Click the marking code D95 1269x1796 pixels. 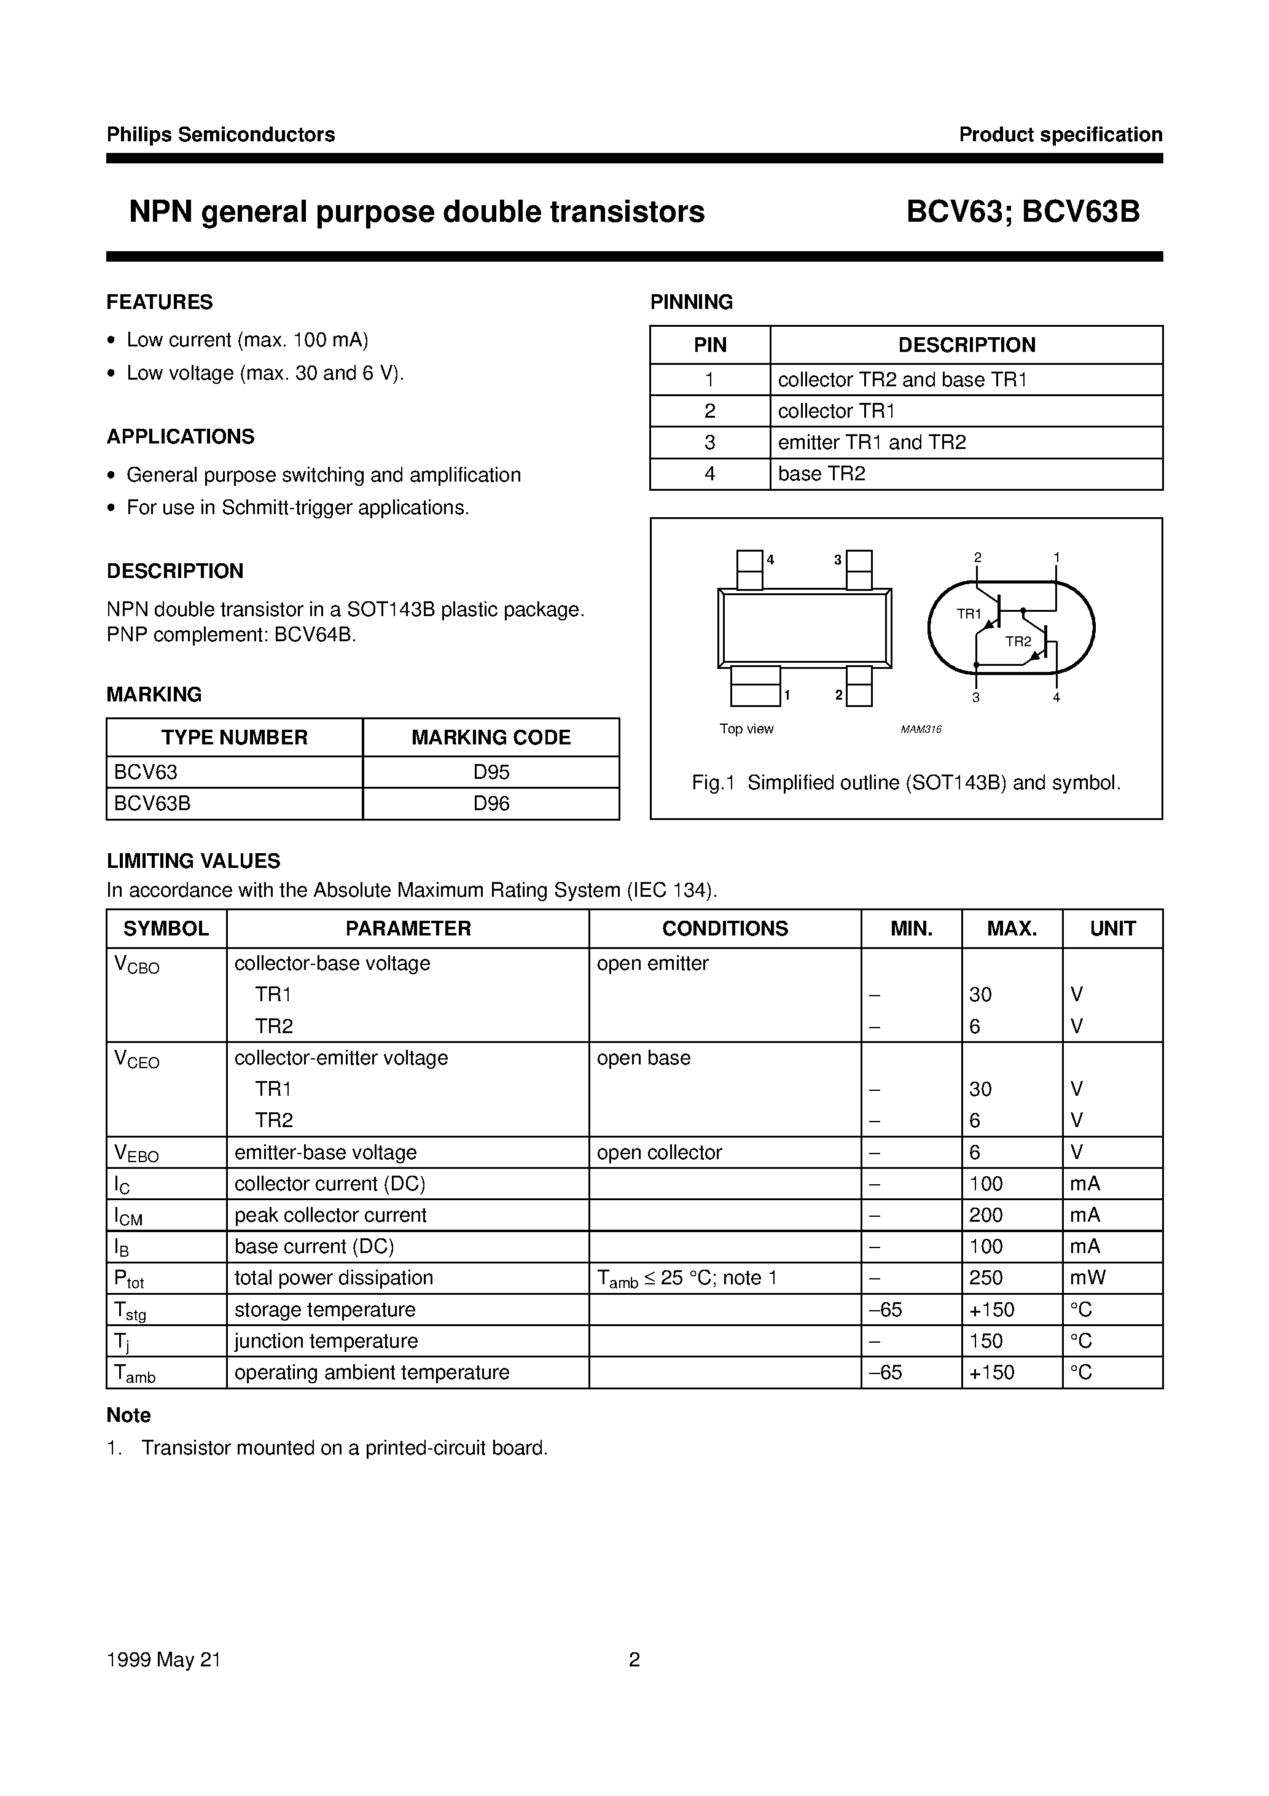pyautogui.click(x=491, y=772)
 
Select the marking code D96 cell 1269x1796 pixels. pyautogui.click(x=491, y=803)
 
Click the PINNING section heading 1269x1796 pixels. pyautogui.click(x=691, y=302)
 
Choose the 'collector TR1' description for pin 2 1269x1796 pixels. pyautogui.click(x=835, y=412)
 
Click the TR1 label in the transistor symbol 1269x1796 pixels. pyautogui.click(x=969, y=614)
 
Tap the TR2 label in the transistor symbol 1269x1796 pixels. pyautogui.click(x=1018, y=641)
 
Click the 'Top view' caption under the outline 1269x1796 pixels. pyautogui.click(x=746, y=729)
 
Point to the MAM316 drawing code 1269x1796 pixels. pyautogui.click(x=921, y=729)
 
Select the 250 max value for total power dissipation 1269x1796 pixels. pyautogui.click(x=986, y=1278)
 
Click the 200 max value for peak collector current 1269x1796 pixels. pyautogui.click(x=986, y=1216)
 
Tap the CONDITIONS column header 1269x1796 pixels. pyautogui.click(x=724, y=929)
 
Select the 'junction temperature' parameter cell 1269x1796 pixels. pyautogui.click(x=326, y=1341)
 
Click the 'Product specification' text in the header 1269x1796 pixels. pyautogui.click(x=1060, y=135)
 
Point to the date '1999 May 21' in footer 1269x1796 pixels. pyautogui.click(x=163, y=1660)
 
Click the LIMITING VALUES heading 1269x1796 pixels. pyautogui.click(x=193, y=861)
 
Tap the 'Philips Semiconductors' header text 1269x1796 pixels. pyautogui.click(x=221, y=135)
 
